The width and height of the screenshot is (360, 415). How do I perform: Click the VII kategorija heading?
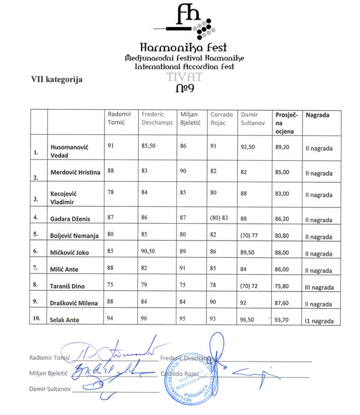point(56,79)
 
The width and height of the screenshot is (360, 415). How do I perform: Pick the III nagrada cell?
point(319,286)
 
